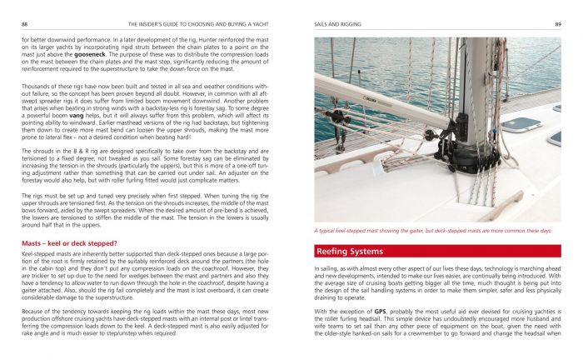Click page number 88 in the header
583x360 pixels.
[24, 25]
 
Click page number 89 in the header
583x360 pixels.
[557, 25]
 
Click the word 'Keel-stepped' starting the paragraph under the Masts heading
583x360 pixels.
[37, 253]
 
